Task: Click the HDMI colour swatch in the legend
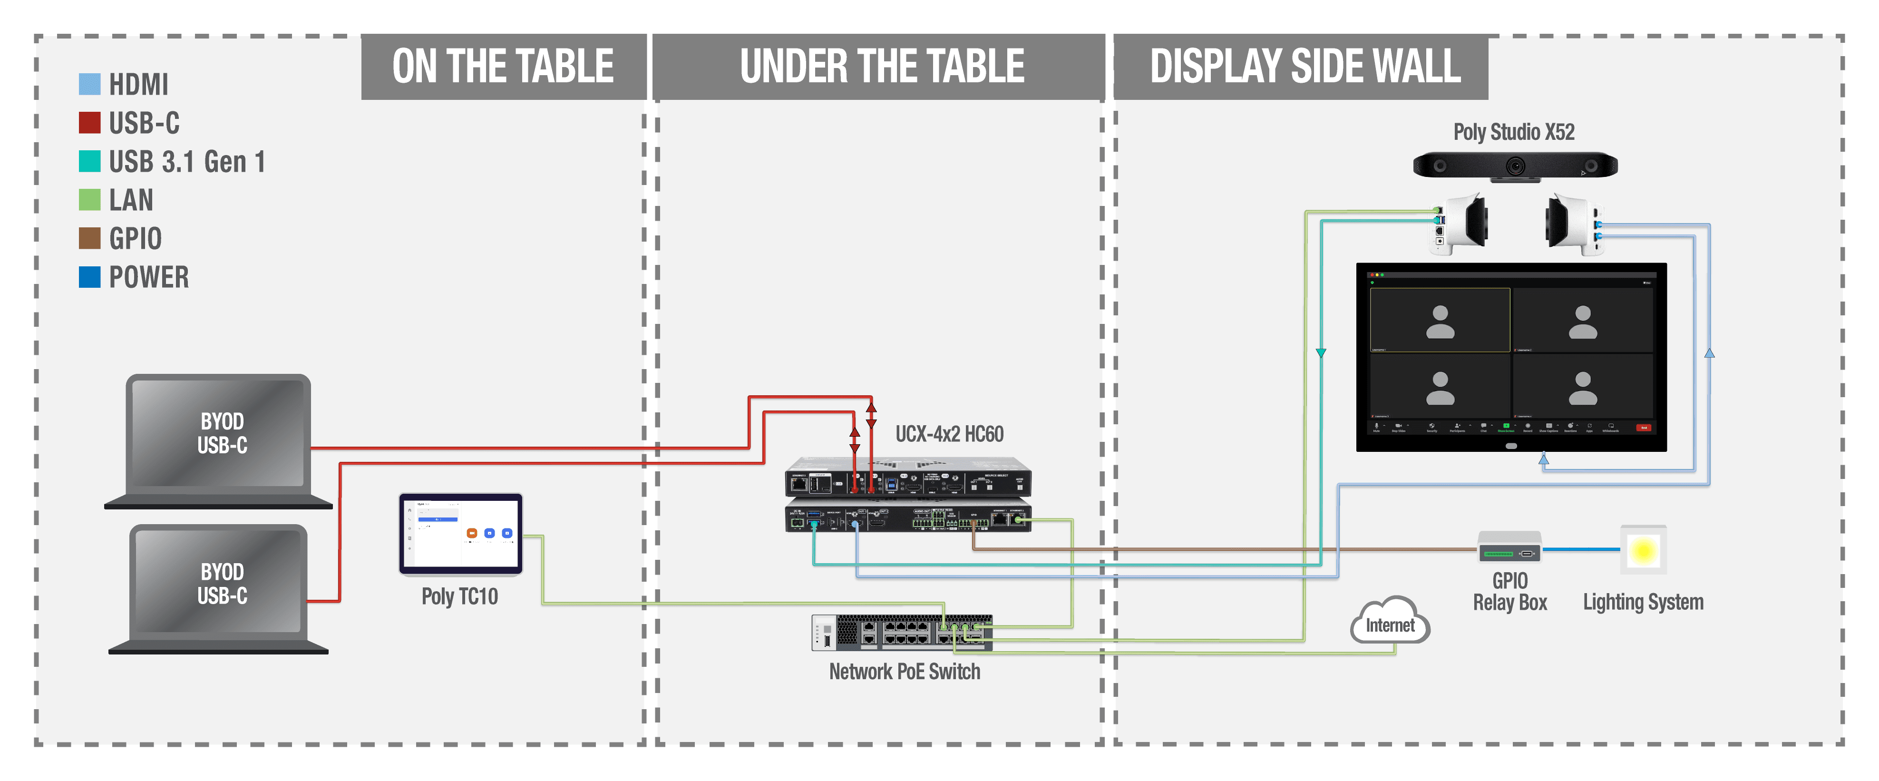click(89, 84)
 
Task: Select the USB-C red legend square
click(89, 123)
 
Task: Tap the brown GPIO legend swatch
click(89, 238)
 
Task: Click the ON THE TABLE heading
click(503, 67)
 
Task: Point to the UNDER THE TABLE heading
click(881, 67)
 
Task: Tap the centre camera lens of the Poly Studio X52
click(1516, 166)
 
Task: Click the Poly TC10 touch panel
click(461, 534)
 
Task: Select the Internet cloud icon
click(1390, 623)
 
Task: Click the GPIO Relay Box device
click(1509, 547)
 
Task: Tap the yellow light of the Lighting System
click(1643, 551)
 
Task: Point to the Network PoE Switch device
click(902, 632)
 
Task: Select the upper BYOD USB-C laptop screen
click(218, 433)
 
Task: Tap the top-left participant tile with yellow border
click(1440, 320)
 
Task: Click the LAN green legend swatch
click(89, 200)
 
